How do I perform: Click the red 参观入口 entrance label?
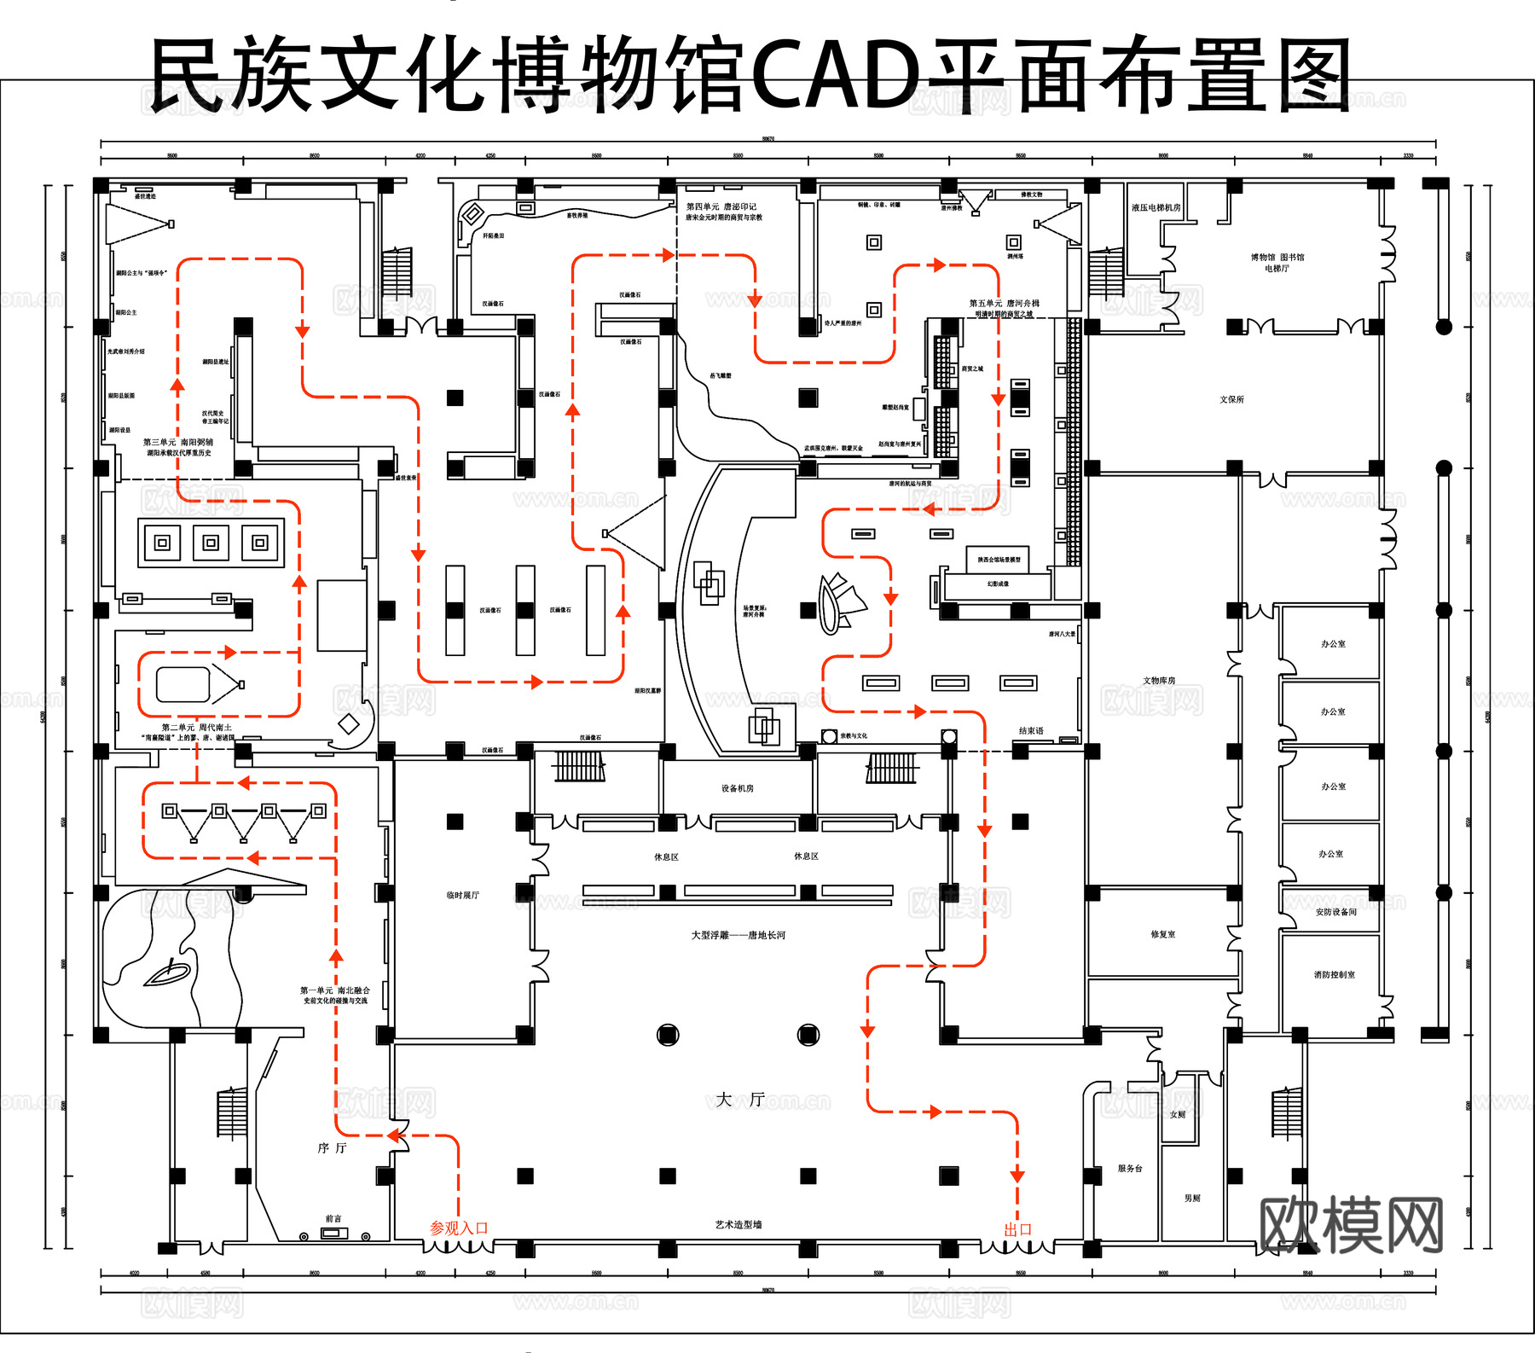(459, 1228)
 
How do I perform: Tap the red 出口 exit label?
(1017, 1229)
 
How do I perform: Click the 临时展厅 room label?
(462, 895)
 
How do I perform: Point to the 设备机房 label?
(738, 788)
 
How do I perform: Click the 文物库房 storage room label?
(1159, 680)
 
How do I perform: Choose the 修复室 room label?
(1162, 934)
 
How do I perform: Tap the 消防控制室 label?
(1334, 974)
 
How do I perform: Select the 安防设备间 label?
(1335, 912)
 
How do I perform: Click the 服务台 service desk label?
(1130, 1168)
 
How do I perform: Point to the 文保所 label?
(1231, 399)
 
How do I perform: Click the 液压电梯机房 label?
(1156, 207)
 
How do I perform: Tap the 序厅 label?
(332, 1148)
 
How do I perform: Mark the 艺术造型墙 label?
(739, 1224)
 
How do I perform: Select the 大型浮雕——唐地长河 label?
(739, 935)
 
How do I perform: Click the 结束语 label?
(1031, 731)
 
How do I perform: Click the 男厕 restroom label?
(1192, 1198)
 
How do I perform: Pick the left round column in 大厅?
(668, 1035)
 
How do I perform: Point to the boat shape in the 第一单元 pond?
(167, 973)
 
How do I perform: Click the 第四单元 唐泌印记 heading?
(721, 206)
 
